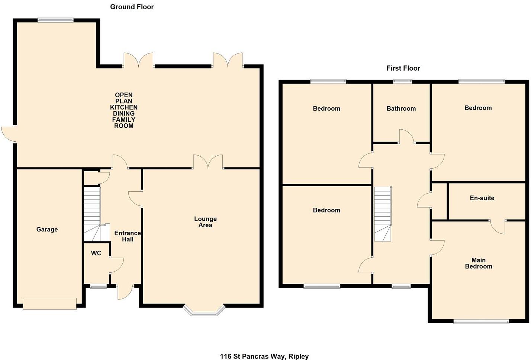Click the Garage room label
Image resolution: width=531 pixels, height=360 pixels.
coord(47,230)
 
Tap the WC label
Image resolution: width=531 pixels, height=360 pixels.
coord(96,253)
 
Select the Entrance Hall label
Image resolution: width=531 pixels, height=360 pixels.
coord(128,236)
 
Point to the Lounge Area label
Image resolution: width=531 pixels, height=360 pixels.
coord(205,222)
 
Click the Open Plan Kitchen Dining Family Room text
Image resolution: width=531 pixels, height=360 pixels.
coord(124,110)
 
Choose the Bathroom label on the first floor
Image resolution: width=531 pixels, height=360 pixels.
coord(401,109)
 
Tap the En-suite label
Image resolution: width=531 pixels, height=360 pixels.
coord(482,198)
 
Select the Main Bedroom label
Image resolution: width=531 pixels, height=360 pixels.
coord(479,263)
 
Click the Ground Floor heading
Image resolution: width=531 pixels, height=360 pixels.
coord(132,7)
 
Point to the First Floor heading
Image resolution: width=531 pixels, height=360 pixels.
coord(403,68)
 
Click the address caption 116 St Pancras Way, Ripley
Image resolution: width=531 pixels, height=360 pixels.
coord(264,356)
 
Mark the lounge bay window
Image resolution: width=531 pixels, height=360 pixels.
coord(205,311)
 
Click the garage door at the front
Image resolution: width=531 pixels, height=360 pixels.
coord(49,304)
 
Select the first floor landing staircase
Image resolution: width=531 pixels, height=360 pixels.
coord(383,214)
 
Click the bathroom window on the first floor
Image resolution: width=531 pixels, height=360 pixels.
coord(403,81)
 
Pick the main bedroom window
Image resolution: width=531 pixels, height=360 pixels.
coord(481,321)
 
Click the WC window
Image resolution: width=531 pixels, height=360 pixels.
coord(98,286)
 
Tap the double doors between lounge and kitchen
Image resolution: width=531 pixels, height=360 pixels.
coord(208,163)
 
